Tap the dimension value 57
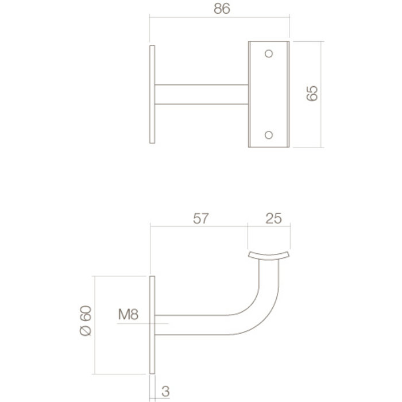pos(199,219)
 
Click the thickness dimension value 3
pos(165,392)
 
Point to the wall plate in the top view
pos(152,94)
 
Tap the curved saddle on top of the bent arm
pos(269,255)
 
